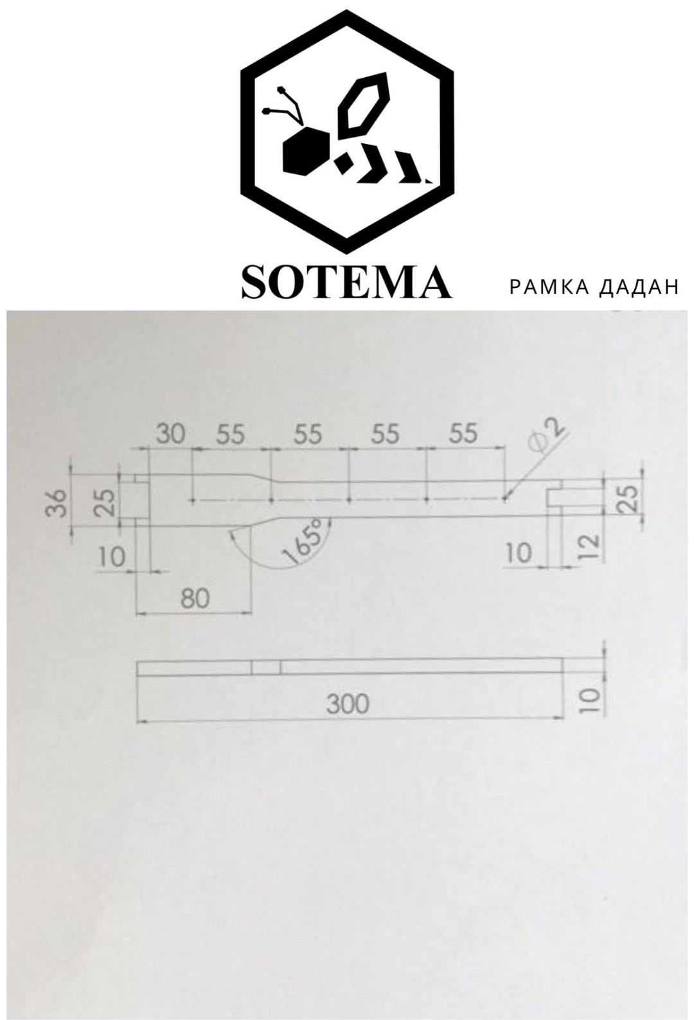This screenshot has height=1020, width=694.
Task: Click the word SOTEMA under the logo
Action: coord(347,282)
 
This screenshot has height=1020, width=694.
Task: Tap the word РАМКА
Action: coord(549,287)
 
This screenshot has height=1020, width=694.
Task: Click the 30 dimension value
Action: coord(171,434)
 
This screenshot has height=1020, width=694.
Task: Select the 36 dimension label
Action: coord(58,503)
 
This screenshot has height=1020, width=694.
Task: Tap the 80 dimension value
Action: coord(195,598)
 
